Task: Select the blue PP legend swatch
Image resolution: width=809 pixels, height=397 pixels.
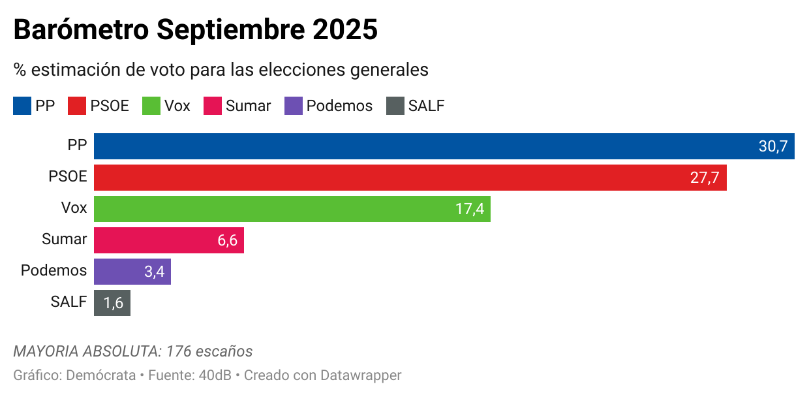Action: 22,106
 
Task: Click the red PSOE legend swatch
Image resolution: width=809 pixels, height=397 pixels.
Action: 77,106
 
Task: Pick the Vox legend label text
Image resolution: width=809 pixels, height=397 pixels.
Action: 177,106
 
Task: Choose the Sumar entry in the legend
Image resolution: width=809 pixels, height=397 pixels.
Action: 248,106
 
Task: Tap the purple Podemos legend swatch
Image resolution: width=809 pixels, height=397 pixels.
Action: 294,106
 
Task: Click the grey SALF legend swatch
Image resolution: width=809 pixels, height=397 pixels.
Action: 395,106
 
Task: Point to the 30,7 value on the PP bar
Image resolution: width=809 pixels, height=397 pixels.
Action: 773,146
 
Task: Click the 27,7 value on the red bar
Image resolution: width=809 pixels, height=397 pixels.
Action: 705,178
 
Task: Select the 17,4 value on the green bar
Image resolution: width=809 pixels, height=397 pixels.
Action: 469,209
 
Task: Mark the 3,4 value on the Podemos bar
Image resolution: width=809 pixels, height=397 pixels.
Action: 154,272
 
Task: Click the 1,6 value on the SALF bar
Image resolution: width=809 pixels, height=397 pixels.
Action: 114,303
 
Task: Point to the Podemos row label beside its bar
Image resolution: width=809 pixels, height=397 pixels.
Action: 53,270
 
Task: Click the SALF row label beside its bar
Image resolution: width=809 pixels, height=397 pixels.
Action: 69,302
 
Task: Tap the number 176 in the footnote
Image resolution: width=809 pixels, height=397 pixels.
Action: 179,351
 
